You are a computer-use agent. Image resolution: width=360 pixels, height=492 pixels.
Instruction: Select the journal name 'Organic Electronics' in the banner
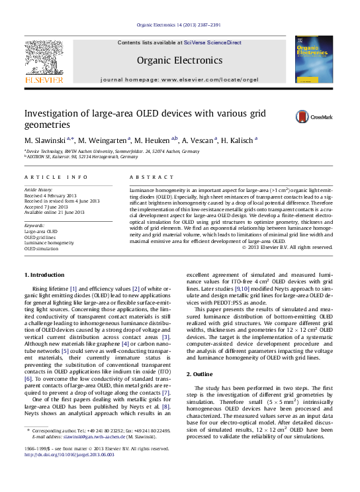click(x=179, y=60)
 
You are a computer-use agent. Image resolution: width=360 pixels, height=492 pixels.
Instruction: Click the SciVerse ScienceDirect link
click(x=206, y=42)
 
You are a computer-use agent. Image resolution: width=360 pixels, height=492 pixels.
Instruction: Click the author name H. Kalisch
click(x=238, y=140)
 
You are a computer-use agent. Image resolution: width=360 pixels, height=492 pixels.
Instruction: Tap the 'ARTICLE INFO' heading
click(x=56, y=177)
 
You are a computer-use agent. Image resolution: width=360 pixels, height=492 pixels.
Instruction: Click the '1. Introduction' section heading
click(x=44, y=275)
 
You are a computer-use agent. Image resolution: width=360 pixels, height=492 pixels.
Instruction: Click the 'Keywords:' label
click(x=34, y=225)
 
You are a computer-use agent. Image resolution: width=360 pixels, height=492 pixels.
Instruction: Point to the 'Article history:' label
click(x=39, y=189)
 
